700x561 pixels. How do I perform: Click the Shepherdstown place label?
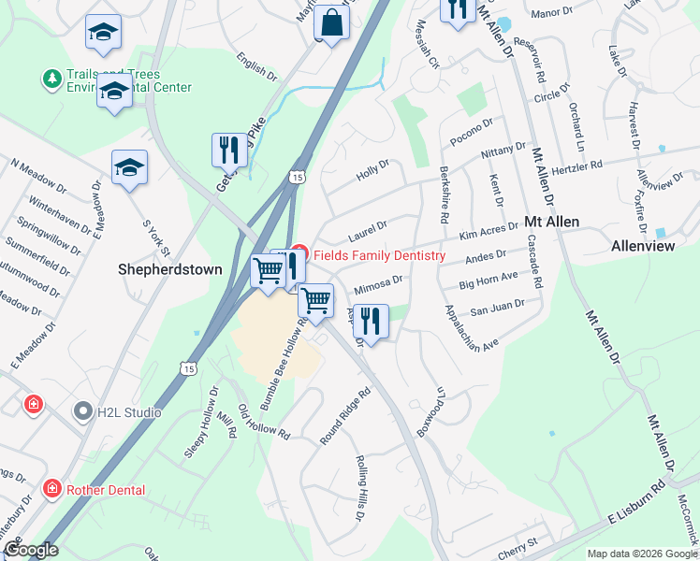[x=170, y=269]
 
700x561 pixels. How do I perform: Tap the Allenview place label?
[x=642, y=247]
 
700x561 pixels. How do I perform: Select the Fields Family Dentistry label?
[x=379, y=255]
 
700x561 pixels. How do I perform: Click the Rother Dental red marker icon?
[x=53, y=489]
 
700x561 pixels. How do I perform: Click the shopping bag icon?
[x=331, y=20]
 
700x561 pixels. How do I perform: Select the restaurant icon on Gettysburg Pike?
[x=229, y=149]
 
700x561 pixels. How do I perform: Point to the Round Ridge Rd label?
[x=345, y=407]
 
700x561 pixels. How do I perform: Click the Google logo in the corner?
[x=31, y=550]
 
